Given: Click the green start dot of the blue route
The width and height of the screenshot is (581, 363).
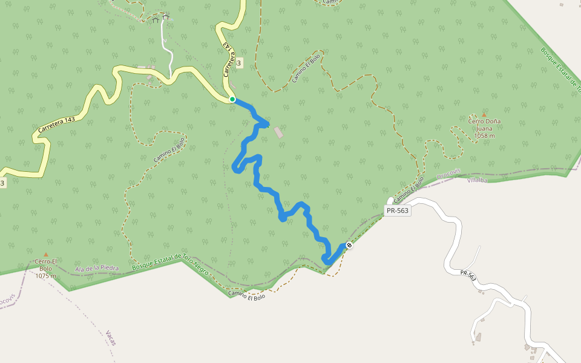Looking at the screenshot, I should (232, 99).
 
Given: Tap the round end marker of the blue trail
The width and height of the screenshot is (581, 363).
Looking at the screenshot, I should (349, 245).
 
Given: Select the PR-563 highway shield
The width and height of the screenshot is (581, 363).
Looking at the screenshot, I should (398, 211).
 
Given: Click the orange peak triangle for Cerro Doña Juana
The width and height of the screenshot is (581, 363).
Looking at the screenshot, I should (484, 114).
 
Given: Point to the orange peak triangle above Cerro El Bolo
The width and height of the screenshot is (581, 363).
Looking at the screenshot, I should (45, 255).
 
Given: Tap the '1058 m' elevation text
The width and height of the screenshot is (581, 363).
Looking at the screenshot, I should (484, 136).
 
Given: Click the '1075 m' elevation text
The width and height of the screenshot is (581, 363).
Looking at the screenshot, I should (46, 276).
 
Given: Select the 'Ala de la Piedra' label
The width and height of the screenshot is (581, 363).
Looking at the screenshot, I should (97, 268).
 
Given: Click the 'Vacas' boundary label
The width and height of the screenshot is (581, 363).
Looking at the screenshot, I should (110, 338).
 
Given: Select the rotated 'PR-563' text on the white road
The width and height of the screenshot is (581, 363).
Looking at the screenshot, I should (468, 276).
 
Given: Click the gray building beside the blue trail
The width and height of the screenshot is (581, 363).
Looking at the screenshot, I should (278, 132).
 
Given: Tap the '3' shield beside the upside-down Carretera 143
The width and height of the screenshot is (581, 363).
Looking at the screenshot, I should (239, 63).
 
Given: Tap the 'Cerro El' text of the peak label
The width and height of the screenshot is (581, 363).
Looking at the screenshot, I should (46, 261).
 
